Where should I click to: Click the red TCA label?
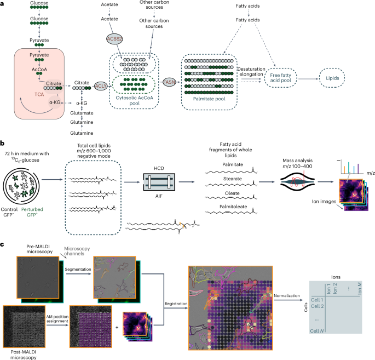point(39,94)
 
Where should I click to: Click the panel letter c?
point(3,243)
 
